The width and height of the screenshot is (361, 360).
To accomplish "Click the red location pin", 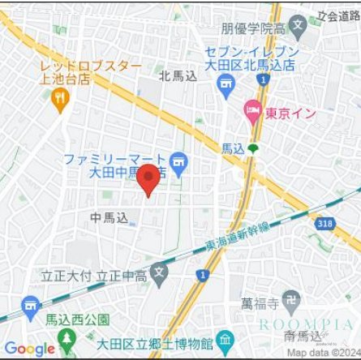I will tap(148, 179).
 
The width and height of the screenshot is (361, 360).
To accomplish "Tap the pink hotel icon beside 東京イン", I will tap(253, 109).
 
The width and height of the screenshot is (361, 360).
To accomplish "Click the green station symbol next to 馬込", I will tap(253, 148).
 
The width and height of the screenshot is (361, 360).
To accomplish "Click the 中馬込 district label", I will tap(109, 217).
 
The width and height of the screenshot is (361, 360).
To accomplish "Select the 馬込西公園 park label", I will tap(76, 320).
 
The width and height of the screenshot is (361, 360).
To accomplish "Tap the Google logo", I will tap(29, 349).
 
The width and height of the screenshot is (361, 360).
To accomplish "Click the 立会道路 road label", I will tap(338, 15).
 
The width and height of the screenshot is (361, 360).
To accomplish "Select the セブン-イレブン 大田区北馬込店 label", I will tap(252, 58).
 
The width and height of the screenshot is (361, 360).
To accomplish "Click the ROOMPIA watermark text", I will tap(306, 324).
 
